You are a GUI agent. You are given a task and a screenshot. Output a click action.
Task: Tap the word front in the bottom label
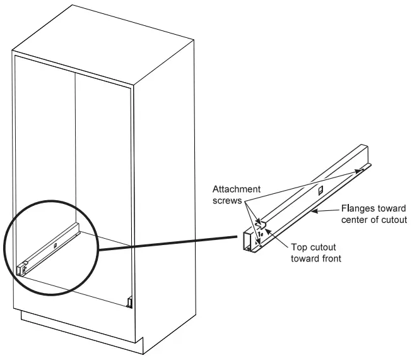[327, 258]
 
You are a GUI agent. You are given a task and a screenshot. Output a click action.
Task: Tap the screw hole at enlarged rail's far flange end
[363, 169]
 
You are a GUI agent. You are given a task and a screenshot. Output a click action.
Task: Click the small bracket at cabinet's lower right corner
[129, 303]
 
